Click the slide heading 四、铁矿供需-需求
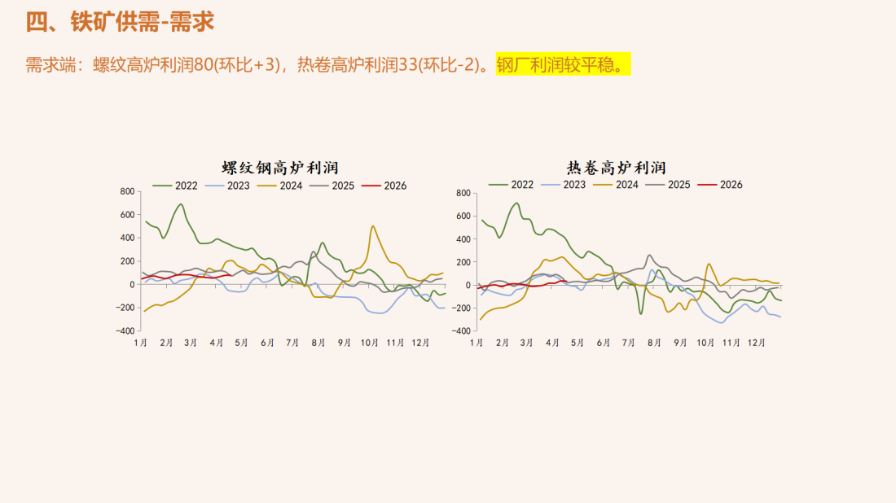121,22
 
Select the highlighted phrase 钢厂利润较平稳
564,65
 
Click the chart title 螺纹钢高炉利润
280,168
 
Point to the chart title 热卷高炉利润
617,168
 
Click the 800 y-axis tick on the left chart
126,192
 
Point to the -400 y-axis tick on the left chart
125,331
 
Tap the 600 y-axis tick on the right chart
463,217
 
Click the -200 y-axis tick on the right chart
462,308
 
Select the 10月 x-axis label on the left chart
369,343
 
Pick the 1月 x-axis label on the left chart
141,343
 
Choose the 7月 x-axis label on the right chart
628,343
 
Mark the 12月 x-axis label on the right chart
757,343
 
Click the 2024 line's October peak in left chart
373,226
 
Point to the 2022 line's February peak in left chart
180,204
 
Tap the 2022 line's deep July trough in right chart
641,313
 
